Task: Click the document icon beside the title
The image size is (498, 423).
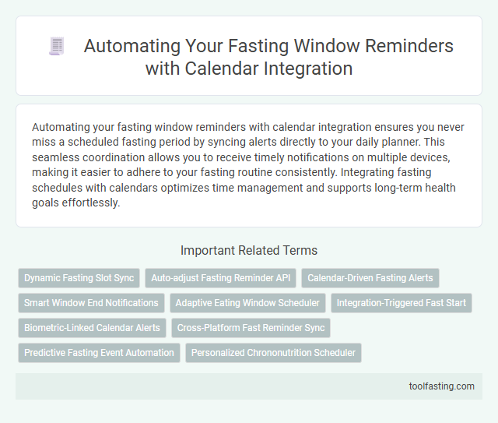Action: pos(56,46)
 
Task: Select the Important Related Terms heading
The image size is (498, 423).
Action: pos(249,251)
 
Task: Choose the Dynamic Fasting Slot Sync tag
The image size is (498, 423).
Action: pos(79,277)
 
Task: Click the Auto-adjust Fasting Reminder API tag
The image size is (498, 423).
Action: pos(220,277)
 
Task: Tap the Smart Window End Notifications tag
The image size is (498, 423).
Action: pos(91,302)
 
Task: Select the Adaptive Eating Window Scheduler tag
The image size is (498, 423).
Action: pos(247,302)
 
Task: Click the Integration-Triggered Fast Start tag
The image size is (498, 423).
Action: pos(401,302)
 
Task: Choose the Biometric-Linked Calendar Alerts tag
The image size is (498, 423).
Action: pos(92,327)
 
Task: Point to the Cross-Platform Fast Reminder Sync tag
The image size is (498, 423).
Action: pos(251,327)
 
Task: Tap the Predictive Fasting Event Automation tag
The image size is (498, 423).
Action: pos(99,352)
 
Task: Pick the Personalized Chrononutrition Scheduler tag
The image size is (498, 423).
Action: pos(273,352)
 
